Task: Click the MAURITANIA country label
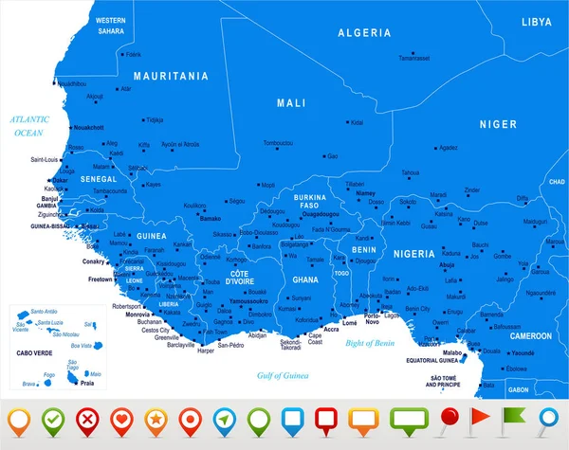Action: pyautogui.click(x=171, y=76)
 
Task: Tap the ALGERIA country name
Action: pyautogui.click(x=364, y=32)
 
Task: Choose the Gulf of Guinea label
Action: pyautogui.click(x=284, y=376)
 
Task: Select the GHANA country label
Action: pyautogui.click(x=305, y=280)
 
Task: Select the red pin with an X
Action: pyautogui.click(x=89, y=418)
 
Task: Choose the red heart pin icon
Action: pyautogui.click(x=121, y=418)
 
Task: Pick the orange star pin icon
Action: pyautogui.click(x=155, y=418)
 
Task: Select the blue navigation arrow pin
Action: pyautogui.click(x=224, y=418)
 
